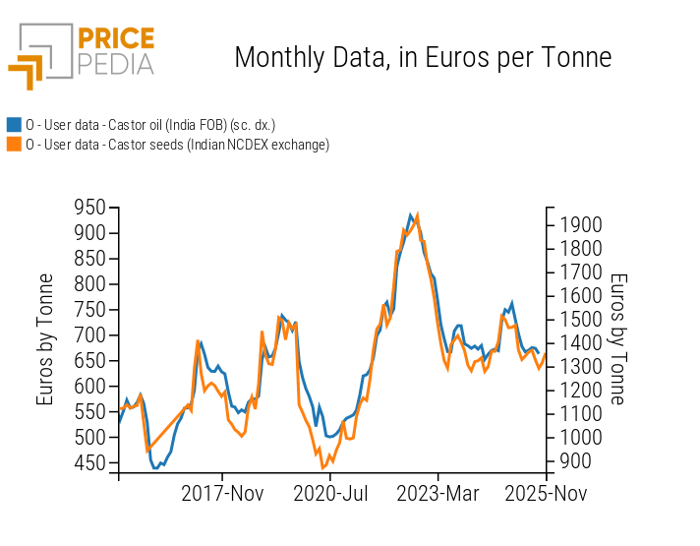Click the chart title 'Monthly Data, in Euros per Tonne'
(x=423, y=57)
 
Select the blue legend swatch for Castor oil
(x=14, y=125)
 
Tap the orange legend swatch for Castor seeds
(x=14, y=145)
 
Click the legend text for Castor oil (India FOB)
(x=150, y=125)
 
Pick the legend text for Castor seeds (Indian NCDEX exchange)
(x=177, y=145)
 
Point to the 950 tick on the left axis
(x=89, y=208)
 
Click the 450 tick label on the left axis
(x=89, y=463)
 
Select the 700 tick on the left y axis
(x=89, y=335)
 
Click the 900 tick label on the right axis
(x=577, y=461)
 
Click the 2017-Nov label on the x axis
(x=223, y=492)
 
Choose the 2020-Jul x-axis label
(x=330, y=492)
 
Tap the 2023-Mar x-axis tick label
(x=437, y=492)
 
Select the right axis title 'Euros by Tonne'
(x=617, y=339)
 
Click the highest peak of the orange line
(x=418, y=214)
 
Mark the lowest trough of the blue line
(x=155, y=468)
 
